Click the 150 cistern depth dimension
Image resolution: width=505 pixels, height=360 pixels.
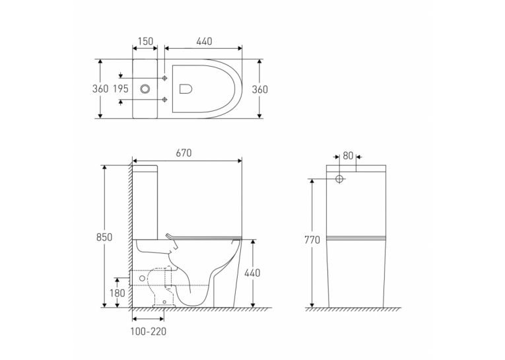pos(145,42)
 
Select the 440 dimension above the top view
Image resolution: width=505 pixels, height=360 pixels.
pos(204,42)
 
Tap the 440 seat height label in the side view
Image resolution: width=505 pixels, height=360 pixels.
pos(252,273)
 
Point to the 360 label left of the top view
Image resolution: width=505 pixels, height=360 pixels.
pos(100,89)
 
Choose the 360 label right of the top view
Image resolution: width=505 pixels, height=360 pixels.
pos(259,89)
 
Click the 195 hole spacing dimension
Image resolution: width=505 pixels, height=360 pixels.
pos(121,89)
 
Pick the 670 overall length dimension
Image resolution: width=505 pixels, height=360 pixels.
pos(184,153)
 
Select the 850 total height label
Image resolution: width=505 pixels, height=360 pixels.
pos(104,237)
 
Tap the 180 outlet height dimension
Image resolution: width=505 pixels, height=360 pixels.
pos(118,293)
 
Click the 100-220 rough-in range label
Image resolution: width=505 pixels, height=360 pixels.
pos(149,332)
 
